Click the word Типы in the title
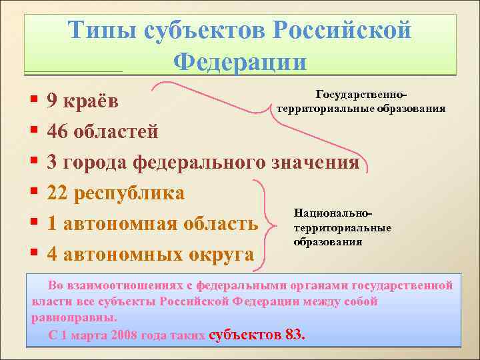tap(108, 31)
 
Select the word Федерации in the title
tap(240, 61)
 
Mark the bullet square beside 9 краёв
tap(33, 102)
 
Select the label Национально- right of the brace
tap(333, 213)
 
